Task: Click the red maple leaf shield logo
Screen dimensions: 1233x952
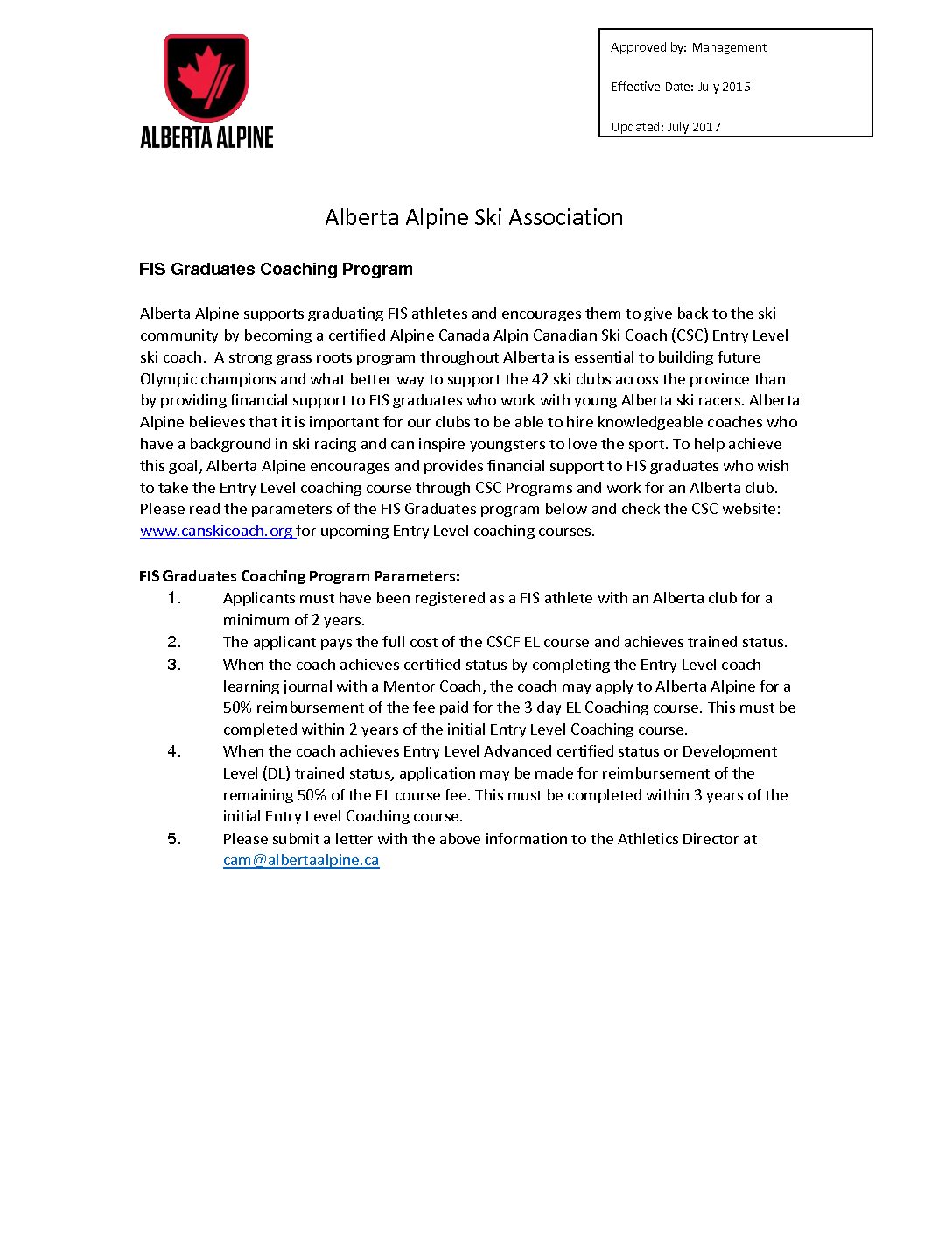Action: click(x=206, y=77)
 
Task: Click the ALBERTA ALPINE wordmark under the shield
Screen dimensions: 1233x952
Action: click(x=206, y=137)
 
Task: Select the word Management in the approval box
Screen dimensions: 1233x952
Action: click(x=729, y=47)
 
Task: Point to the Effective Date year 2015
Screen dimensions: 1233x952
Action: click(x=737, y=87)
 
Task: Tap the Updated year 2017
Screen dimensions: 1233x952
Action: click(x=706, y=127)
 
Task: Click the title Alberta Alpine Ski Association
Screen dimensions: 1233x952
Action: click(x=473, y=217)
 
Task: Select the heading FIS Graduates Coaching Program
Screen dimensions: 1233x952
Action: click(x=276, y=270)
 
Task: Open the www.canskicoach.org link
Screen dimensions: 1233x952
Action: click(x=217, y=531)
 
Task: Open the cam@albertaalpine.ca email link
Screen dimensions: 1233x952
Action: click(x=301, y=860)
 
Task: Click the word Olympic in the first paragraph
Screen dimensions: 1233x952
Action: click(x=165, y=379)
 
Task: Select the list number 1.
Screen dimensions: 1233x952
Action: click(x=174, y=598)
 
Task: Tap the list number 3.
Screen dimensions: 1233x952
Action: click(x=174, y=665)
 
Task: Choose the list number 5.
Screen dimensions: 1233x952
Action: click(x=174, y=839)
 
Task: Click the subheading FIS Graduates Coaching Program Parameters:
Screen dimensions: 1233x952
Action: click(x=299, y=576)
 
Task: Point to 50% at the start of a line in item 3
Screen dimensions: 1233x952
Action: click(x=237, y=708)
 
